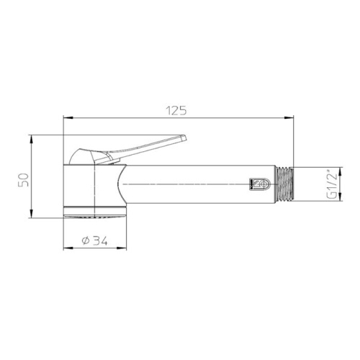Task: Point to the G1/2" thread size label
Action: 332,184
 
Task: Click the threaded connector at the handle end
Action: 286,185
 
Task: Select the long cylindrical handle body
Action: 194,185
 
